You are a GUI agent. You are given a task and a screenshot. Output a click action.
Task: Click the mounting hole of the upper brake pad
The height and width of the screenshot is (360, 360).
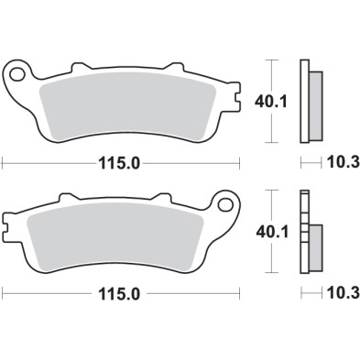17,71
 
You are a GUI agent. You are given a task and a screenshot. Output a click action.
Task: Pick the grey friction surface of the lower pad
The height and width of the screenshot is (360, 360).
119,242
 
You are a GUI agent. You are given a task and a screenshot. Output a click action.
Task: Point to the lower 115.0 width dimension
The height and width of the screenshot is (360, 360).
119,295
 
